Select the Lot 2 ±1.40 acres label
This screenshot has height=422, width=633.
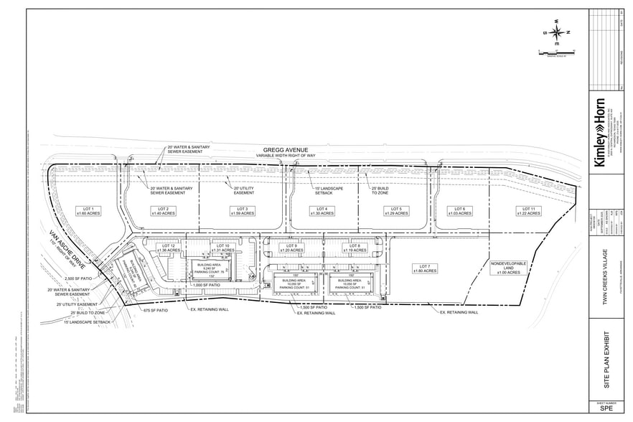[164, 211]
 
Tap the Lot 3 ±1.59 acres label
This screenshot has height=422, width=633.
[243, 211]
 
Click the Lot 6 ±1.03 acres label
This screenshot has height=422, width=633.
[459, 211]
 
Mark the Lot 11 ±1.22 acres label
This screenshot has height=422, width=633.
[529, 211]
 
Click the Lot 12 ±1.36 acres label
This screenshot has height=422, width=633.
[168, 248]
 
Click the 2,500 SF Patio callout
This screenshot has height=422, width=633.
[79, 278]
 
